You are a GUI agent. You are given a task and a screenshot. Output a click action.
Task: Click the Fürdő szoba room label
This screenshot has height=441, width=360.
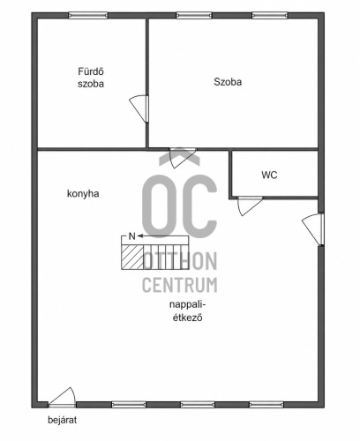[x=91, y=78]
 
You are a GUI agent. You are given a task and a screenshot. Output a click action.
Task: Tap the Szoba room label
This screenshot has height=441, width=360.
[x=228, y=82]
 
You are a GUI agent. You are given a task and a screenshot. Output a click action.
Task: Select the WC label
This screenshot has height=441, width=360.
[x=269, y=175]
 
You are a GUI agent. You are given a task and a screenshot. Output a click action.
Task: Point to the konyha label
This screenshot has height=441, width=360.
[x=83, y=194]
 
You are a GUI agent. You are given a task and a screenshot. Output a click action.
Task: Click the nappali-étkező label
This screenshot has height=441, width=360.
[x=188, y=311]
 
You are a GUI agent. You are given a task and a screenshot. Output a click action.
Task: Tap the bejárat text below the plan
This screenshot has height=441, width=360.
[x=63, y=420]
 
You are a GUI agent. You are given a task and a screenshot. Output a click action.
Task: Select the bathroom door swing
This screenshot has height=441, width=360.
[x=139, y=108]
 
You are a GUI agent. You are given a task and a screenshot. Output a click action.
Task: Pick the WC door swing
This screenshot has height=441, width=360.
[x=250, y=206]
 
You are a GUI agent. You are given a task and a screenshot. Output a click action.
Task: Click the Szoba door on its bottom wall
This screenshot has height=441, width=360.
[x=183, y=158]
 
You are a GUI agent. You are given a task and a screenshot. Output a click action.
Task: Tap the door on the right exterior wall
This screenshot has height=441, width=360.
[x=313, y=229]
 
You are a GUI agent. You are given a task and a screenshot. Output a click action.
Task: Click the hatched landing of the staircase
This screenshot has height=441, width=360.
[x=132, y=257]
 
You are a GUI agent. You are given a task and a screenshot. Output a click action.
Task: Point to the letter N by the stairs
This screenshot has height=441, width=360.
[x=132, y=236]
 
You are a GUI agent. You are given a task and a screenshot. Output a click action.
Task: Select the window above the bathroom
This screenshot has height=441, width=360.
[x=88, y=15]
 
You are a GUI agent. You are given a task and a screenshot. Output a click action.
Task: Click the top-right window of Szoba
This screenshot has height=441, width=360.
[x=270, y=15]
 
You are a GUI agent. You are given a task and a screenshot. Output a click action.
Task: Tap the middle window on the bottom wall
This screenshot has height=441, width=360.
[x=198, y=405]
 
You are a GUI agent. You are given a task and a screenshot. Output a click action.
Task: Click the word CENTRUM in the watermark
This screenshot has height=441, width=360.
[x=180, y=285]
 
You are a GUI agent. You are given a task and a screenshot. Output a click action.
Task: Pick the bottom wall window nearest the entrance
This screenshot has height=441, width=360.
[x=129, y=405]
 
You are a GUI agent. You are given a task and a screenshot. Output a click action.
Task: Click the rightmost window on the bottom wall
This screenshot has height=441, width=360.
[x=266, y=405]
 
